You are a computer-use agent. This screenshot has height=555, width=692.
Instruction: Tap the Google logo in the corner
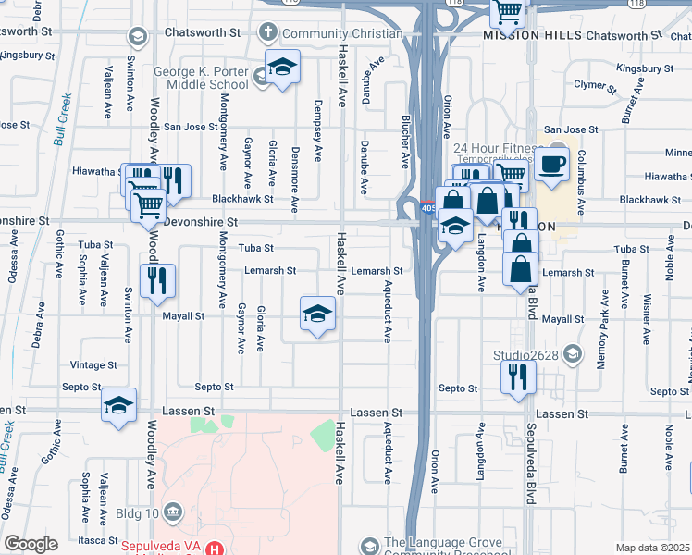(31, 544)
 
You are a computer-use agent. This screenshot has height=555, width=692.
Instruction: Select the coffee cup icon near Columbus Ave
(554, 165)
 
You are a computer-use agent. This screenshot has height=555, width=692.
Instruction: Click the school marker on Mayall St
(317, 314)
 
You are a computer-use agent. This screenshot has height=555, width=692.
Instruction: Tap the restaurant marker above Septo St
(517, 376)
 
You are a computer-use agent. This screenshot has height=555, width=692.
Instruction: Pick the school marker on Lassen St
(119, 407)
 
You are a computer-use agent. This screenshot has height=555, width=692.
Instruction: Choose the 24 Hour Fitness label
(496, 148)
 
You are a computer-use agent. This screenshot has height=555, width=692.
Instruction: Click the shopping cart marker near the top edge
(507, 12)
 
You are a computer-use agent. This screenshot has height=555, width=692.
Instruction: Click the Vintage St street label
(93, 365)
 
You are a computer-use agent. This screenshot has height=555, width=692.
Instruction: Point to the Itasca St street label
(96, 539)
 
